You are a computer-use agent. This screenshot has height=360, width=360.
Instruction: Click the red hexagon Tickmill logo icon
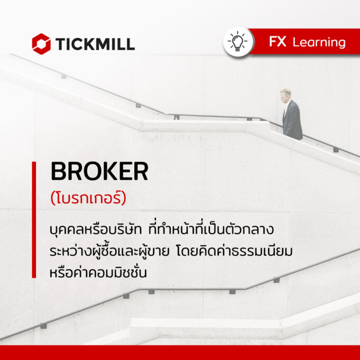41,44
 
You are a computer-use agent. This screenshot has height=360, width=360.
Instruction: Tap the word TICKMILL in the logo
95,44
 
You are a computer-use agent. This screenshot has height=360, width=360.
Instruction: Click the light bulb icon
238,42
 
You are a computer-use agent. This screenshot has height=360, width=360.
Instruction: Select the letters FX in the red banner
278,42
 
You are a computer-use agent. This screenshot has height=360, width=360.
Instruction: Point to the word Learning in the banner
319,42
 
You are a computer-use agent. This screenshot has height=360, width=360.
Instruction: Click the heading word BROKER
99,171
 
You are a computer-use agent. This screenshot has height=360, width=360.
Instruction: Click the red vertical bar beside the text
34,220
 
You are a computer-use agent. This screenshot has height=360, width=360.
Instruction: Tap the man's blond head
285,94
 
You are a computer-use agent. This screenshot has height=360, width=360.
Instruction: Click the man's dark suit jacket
292,120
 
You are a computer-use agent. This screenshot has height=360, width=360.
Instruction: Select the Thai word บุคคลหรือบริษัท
96,230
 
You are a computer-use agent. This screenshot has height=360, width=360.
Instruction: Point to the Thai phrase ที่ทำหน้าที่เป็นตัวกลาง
211,229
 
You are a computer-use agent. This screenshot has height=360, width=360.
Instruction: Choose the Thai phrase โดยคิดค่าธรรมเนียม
234,251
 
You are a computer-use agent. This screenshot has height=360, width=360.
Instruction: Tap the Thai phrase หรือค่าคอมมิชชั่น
98,272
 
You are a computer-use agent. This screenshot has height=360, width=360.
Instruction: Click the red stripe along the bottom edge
180,353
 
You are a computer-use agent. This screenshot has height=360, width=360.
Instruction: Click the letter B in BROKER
58,171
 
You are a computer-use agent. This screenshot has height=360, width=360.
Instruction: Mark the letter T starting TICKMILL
61,44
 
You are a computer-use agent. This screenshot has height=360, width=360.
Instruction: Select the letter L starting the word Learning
296,42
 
